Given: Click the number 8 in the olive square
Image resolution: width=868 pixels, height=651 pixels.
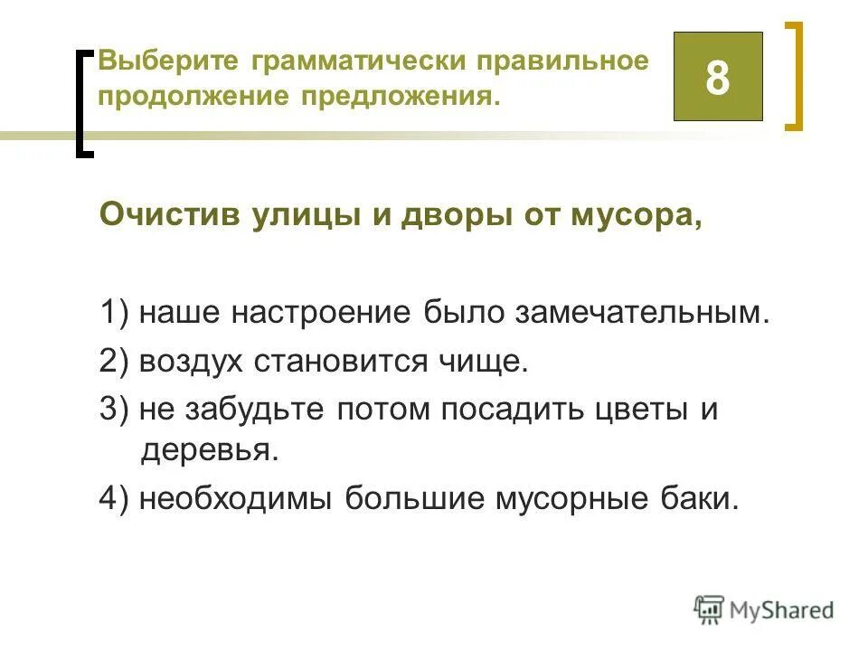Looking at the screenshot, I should pyautogui.click(x=718, y=78).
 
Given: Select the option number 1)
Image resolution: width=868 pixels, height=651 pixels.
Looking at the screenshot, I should pyautogui.click(x=117, y=315).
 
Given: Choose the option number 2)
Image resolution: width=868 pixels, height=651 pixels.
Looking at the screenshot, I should pyautogui.click(x=117, y=362).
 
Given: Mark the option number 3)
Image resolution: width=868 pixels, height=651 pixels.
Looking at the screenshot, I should pyautogui.click(x=117, y=409).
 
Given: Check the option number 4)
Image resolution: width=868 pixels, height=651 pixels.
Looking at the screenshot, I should pyautogui.click(x=117, y=497).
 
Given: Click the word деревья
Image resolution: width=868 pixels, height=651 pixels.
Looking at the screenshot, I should pyautogui.click(x=210, y=450).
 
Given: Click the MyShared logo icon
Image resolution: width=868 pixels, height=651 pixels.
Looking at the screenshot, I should pyautogui.click(x=710, y=609).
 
